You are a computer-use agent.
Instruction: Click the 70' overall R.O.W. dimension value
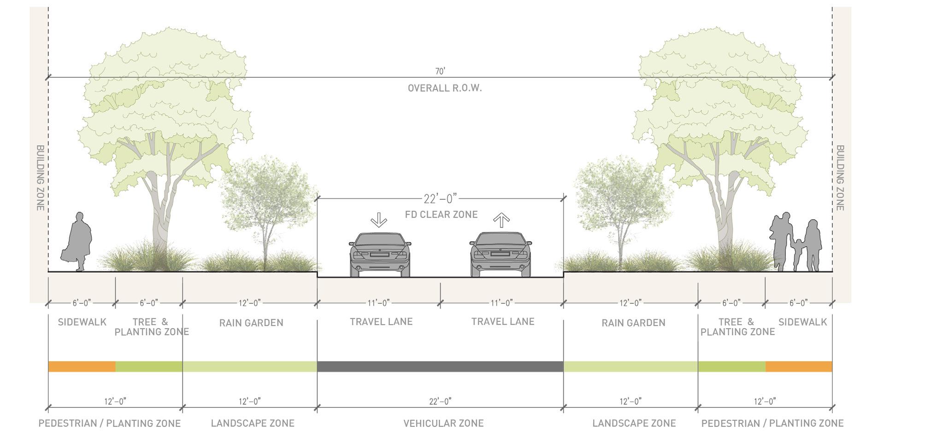(x=440, y=71)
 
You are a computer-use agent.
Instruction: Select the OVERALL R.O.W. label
(x=445, y=88)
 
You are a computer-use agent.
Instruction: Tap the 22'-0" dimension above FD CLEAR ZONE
(x=440, y=199)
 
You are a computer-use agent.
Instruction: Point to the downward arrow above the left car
(x=379, y=220)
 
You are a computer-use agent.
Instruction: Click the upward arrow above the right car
(x=501, y=220)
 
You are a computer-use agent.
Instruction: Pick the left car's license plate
(x=379, y=254)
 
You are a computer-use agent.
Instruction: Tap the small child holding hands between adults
(x=797, y=255)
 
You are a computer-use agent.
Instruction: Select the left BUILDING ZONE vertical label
(x=41, y=178)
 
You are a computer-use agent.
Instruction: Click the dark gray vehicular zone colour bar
(x=440, y=366)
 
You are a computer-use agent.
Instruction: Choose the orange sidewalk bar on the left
(x=82, y=366)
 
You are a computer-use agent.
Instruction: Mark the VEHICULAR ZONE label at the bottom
(x=443, y=423)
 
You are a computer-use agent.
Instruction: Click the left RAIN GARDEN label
(x=251, y=323)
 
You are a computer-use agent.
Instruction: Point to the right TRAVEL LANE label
(x=503, y=321)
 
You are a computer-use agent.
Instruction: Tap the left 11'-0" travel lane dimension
(x=379, y=303)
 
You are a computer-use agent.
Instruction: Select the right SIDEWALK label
(x=802, y=322)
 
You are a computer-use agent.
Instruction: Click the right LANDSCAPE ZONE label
(x=634, y=423)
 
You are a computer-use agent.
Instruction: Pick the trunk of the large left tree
(x=159, y=216)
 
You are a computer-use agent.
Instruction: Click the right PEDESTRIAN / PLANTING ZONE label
(x=772, y=423)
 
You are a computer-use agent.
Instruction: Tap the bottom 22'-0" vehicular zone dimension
(x=440, y=401)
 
